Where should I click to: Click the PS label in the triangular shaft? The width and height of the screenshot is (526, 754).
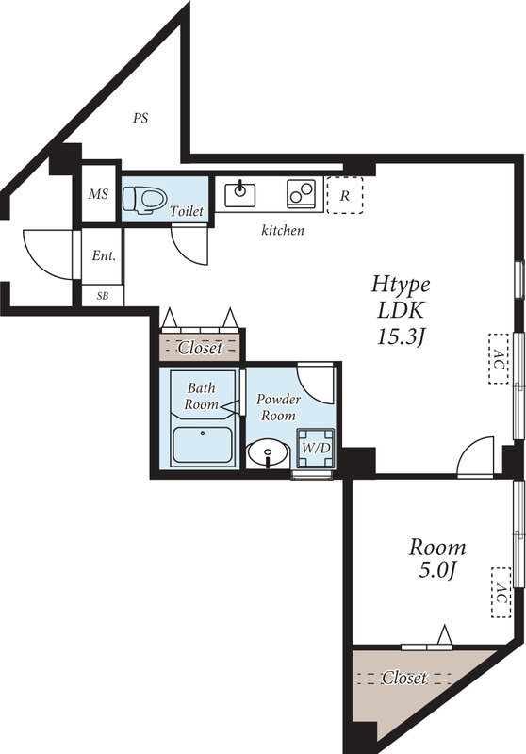140,119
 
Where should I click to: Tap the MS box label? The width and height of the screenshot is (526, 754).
98,195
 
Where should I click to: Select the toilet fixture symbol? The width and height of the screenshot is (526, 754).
147,199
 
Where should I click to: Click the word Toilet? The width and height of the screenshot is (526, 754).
186,212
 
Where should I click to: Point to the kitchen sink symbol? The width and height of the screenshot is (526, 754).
239,194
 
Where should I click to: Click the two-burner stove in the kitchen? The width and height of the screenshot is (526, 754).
303,193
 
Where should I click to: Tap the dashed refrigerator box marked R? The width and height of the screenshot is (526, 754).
345,196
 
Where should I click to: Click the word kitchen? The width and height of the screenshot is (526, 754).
283,230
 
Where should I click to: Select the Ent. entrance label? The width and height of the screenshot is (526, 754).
103,255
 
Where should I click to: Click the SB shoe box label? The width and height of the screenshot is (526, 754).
102,295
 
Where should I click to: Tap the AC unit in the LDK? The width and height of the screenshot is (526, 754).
499,358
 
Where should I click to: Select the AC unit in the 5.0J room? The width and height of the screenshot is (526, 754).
501,593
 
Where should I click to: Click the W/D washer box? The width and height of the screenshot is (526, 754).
315,448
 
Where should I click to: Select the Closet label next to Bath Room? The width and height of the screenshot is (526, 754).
200,348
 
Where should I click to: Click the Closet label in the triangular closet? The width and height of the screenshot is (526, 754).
404,678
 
